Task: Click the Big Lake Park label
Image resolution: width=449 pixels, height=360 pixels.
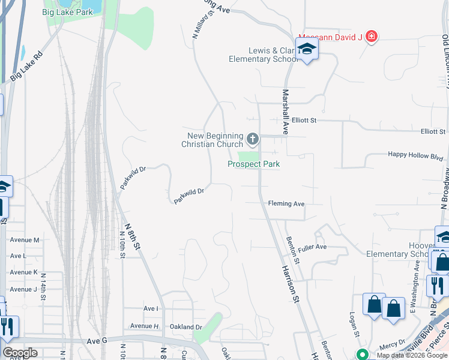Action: [67, 11]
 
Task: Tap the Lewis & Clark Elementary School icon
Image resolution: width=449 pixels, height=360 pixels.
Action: [307, 50]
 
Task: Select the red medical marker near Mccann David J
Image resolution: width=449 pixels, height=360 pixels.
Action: [372, 37]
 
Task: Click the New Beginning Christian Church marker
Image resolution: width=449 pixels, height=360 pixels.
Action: [253, 140]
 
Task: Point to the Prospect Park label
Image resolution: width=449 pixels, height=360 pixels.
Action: [254, 164]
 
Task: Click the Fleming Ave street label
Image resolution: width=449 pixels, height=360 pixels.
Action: [286, 204]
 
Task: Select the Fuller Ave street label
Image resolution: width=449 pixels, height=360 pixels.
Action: [312, 247]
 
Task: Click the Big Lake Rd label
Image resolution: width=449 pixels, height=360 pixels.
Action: [28, 66]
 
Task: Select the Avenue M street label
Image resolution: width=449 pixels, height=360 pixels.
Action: [25, 240]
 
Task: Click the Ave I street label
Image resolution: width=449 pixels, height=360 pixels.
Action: [151, 308]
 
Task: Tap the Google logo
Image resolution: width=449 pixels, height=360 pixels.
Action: [20, 353]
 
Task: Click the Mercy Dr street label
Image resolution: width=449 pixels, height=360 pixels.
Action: [393, 346]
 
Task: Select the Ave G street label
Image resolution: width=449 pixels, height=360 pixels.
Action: [97, 340]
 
